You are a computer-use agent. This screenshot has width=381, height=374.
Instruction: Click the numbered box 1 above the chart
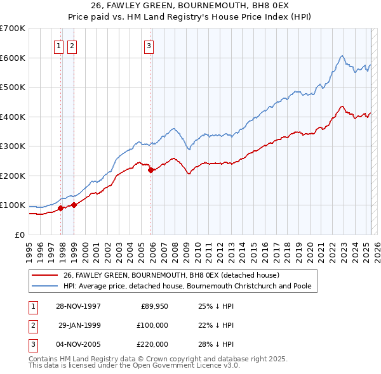tap(58, 46)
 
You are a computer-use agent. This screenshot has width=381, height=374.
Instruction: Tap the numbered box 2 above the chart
tap(72, 46)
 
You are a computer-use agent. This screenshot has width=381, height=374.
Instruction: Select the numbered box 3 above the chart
tap(148, 46)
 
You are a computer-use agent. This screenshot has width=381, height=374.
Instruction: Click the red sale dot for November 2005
tap(150, 170)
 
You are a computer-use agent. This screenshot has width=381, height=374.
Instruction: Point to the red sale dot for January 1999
tap(74, 205)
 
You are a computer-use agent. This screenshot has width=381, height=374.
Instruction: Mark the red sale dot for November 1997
tap(61, 208)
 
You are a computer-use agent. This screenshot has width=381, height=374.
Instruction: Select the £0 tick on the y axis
tap(20, 235)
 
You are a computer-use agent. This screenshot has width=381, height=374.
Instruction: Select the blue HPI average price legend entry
tap(187, 286)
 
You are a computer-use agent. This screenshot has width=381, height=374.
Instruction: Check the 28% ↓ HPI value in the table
tap(216, 344)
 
